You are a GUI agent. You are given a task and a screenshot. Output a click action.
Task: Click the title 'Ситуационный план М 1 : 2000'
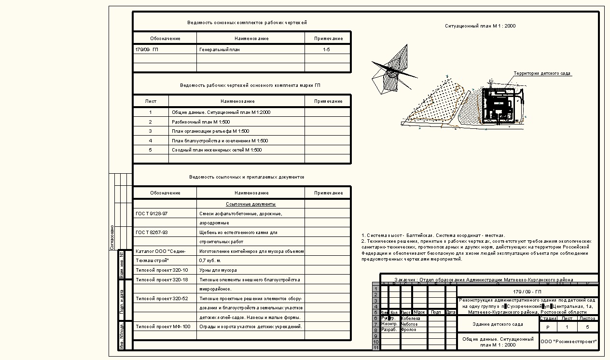(x=476, y=26)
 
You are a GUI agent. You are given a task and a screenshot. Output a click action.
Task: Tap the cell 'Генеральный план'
(x=219, y=49)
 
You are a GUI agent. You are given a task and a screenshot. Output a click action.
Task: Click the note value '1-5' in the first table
(x=327, y=49)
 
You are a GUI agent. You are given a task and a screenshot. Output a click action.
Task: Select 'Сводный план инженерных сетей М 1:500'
(x=217, y=150)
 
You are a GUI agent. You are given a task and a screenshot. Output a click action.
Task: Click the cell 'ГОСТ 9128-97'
(x=152, y=213)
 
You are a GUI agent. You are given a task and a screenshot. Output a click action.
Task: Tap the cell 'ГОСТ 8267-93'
(x=152, y=232)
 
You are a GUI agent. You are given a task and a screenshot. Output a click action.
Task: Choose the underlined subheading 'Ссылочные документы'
(x=250, y=204)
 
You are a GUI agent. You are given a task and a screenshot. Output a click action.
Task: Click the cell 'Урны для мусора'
(x=218, y=270)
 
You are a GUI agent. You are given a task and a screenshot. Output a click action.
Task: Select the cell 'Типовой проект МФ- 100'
(x=163, y=327)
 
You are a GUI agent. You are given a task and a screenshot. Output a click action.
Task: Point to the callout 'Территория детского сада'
(x=542, y=74)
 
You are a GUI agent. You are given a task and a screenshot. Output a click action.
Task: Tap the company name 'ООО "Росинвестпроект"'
(x=569, y=341)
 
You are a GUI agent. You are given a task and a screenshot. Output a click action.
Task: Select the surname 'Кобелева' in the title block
(x=411, y=318)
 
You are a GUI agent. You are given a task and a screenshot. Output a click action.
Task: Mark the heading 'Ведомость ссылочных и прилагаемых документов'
(x=247, y=177)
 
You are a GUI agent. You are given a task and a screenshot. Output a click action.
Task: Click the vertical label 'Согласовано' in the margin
(x=112, y=236)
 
